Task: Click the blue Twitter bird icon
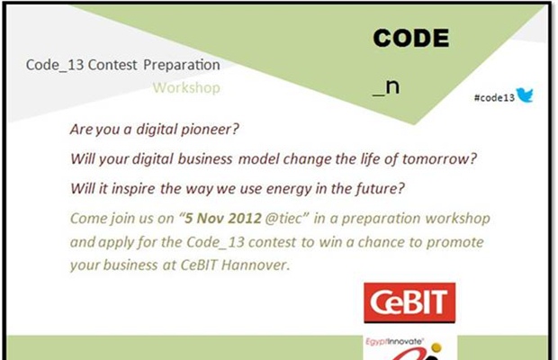[x=525, y=95]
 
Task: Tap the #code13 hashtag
[x=494, y=97]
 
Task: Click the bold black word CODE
[x=411, y=38]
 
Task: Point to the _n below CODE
[x=386, y=87]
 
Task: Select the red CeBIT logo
[x=409, y=302]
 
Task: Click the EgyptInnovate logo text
[x=394, y=341]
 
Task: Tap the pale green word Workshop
[x=186, y=87]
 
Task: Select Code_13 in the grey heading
[x=55, y=65]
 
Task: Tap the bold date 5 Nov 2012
[x=223, y=219]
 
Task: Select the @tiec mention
[x=283, y=219]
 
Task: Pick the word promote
[x=454, y=243]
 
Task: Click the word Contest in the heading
[x=112, y=65]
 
